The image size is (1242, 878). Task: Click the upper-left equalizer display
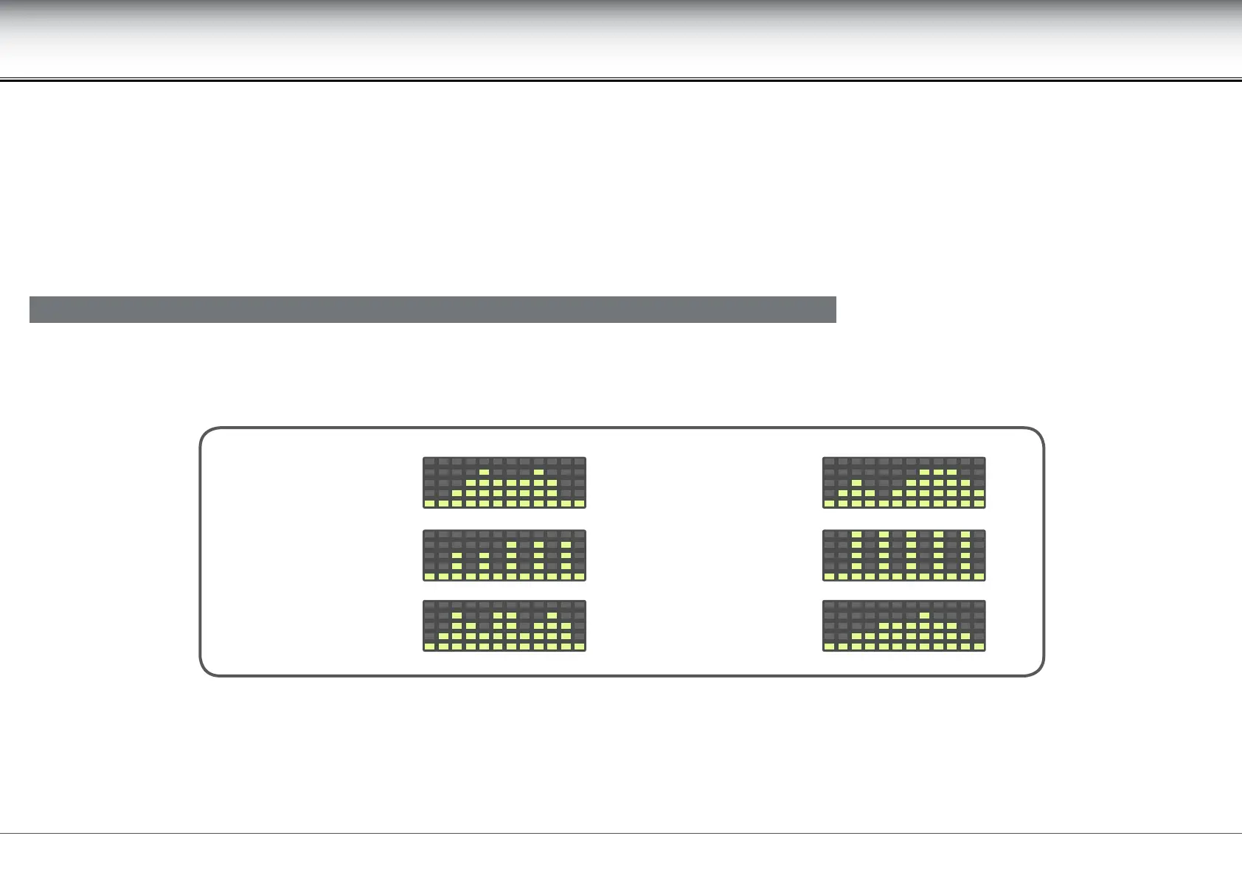click(504, 483)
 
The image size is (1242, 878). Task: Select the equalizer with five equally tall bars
click(904, 555)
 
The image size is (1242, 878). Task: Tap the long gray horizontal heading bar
click(432, 310)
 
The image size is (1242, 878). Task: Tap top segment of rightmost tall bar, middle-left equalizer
click(566, 546)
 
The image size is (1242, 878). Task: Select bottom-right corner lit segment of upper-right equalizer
click(979, 504)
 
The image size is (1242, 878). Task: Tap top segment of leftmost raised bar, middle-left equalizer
click(457, 556)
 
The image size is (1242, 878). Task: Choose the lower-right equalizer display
click(904, 626)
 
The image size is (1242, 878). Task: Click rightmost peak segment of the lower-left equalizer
click(552, 615)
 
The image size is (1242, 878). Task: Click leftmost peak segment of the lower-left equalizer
click(457, 615)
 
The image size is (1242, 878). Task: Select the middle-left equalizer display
click(504, 555)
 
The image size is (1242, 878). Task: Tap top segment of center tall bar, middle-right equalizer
click(911, 534)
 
